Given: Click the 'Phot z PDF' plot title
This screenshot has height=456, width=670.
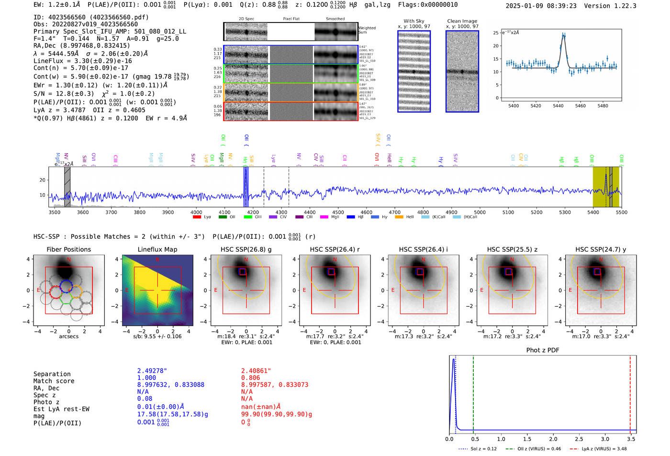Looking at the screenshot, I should pos(542,350).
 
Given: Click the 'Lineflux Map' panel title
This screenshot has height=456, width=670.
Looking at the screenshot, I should pos(157,249).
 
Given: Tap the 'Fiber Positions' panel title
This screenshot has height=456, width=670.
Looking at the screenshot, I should pos(68,249).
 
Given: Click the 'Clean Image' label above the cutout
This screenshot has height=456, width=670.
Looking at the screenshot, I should pos(462,21).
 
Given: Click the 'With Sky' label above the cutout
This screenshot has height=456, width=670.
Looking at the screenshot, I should pos(413,21).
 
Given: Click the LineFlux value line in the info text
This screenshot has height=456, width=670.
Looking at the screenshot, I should pos(83,61).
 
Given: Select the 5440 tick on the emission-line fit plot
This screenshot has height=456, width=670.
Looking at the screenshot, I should pos(558,106).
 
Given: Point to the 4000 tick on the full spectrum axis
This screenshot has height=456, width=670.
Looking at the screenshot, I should pos(196,212).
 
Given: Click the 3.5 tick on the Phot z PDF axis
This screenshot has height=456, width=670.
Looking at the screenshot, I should pos(631,439).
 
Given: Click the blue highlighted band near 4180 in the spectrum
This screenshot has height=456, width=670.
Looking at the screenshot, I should pos(246,187).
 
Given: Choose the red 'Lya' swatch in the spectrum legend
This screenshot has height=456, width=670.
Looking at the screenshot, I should pos(197,217).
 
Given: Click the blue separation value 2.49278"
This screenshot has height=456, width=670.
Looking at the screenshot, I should pos(152,371).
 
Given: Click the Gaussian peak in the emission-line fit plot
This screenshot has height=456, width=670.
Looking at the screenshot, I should pos(563,35).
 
